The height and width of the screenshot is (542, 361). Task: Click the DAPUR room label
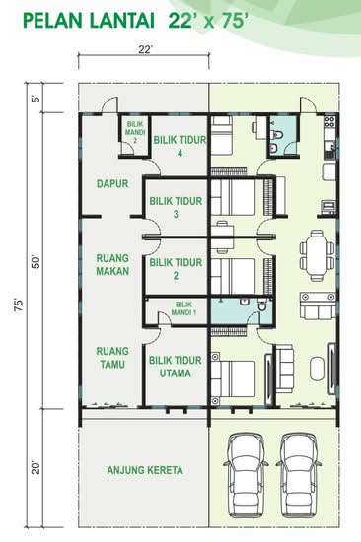click(112, 184)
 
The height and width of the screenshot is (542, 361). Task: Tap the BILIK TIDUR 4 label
click(180, 146)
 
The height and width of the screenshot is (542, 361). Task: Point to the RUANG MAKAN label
click(112, 265)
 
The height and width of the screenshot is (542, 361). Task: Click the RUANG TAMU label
click(112, 358)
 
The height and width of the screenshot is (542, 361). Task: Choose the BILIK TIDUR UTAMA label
click(176, 367)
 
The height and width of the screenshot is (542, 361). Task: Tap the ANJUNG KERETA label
click(145, 470)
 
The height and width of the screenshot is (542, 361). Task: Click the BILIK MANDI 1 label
click(183, 308)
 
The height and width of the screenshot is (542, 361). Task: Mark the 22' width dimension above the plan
click(145, 50)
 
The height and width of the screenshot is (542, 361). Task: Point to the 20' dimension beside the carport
click(36, 467)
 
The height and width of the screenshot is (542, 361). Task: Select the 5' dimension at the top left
click(36, 99)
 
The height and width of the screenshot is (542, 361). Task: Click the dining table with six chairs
click(317, 255)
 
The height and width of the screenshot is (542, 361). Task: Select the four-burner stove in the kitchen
click(329, 121)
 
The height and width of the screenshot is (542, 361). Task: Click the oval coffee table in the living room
click(317, 369)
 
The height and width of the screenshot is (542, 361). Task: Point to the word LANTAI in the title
click(122, 21)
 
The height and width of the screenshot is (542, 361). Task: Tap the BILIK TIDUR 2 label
click(176, 269)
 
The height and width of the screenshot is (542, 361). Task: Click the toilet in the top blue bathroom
click(277, 133)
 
